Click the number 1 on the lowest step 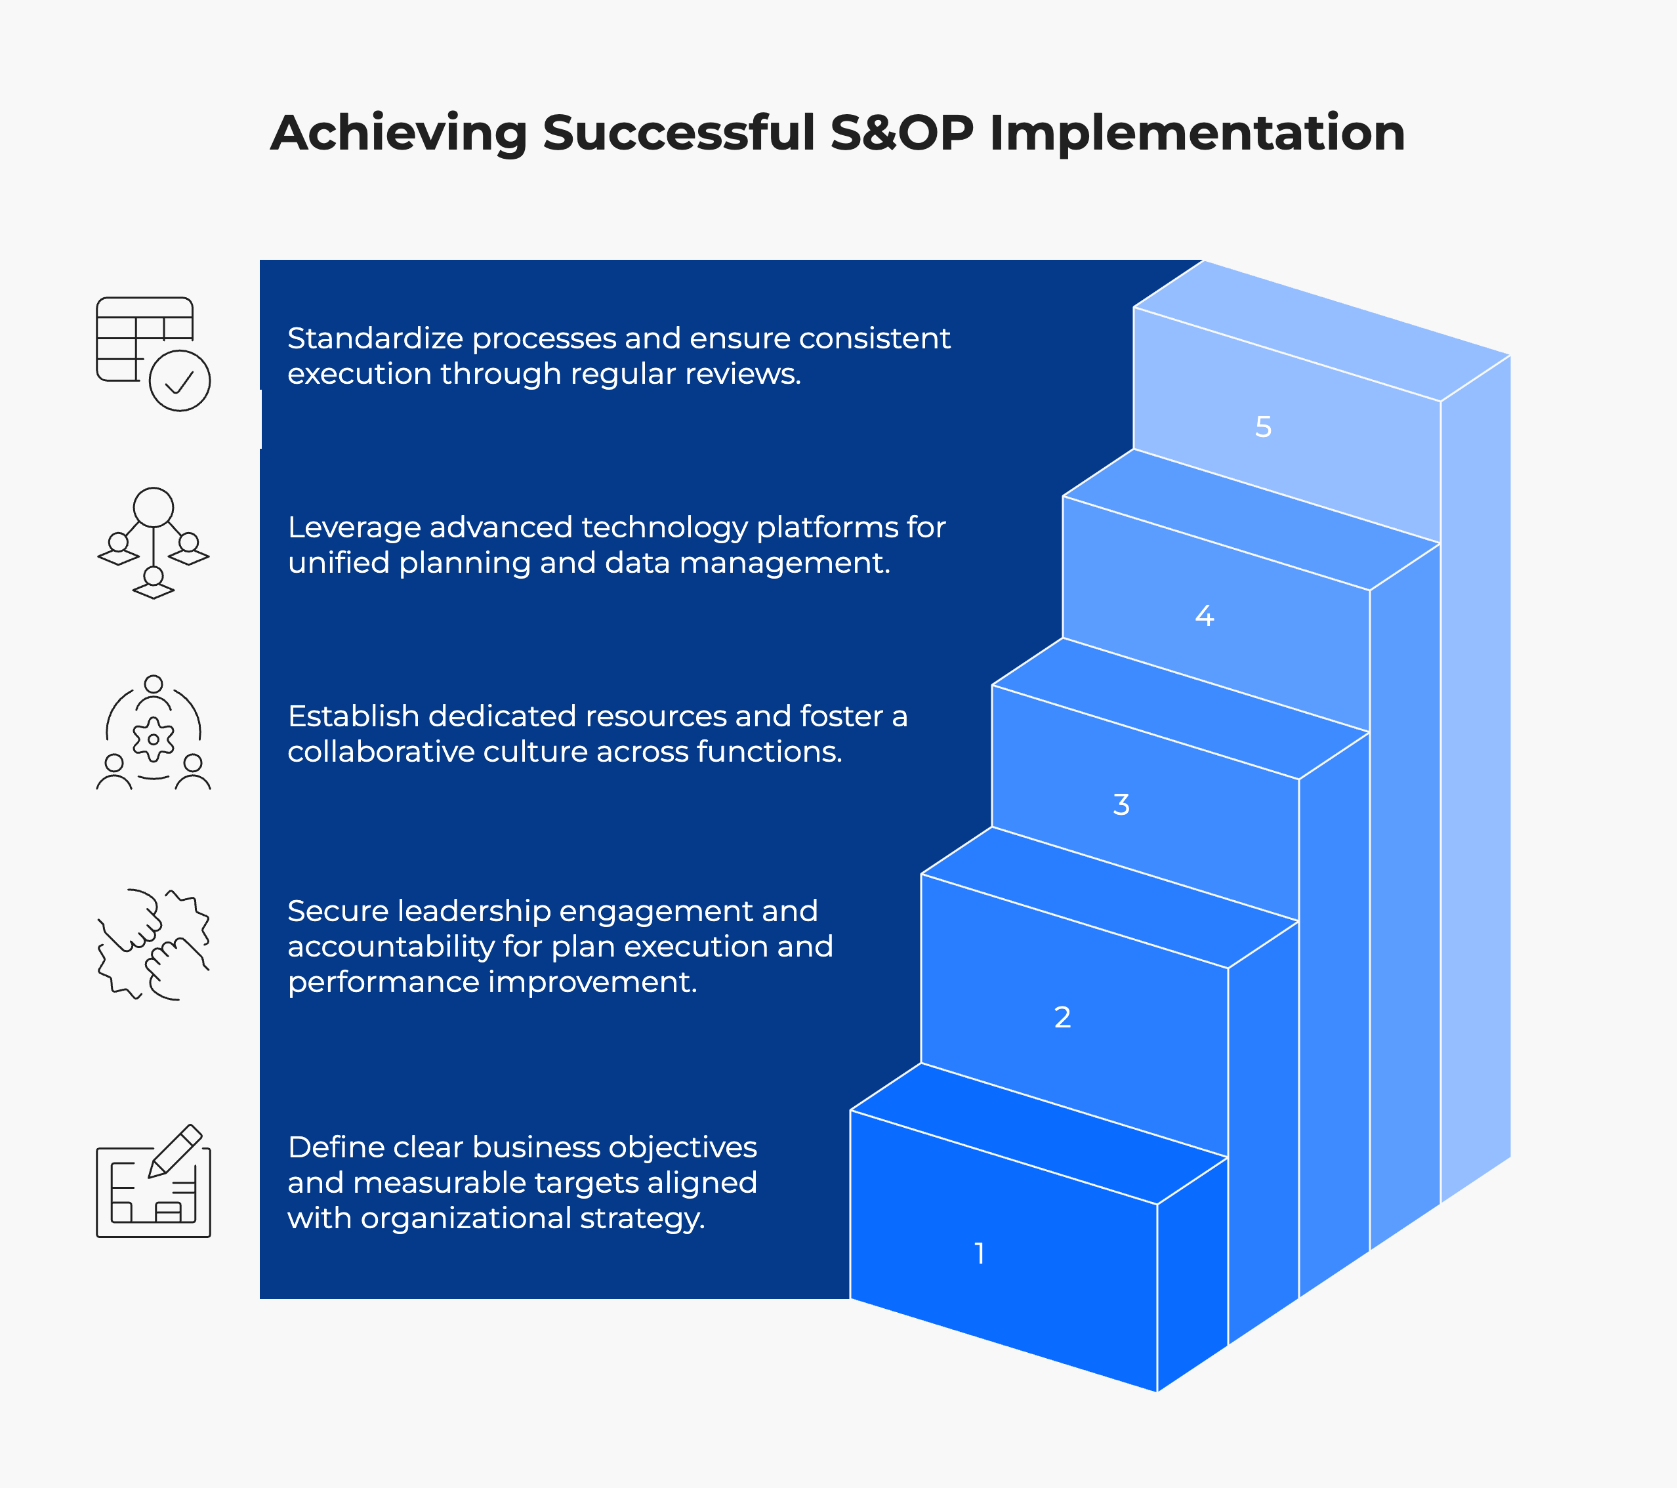pos(979,1253)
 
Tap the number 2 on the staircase pos(1062,1017)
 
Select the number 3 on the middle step pos(1121,805)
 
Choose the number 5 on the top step pos(1264,426)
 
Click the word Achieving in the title pos(399,133)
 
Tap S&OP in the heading pos(901,133)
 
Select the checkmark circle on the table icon pos(180,381)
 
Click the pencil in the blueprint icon pos(175,1151)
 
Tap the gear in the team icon pos(154,739)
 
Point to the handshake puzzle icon pos(154,944)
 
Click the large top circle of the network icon pos(154,507)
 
